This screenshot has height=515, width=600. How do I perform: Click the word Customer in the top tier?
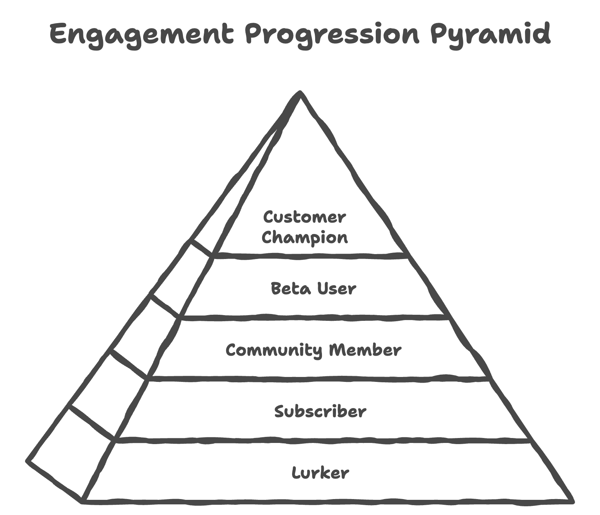305,217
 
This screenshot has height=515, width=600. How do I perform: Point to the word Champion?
305,238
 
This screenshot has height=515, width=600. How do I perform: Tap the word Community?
273,350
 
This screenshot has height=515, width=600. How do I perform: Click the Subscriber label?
320,411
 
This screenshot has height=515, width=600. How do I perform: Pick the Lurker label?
320,473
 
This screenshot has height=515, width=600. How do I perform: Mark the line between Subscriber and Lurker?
322,440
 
